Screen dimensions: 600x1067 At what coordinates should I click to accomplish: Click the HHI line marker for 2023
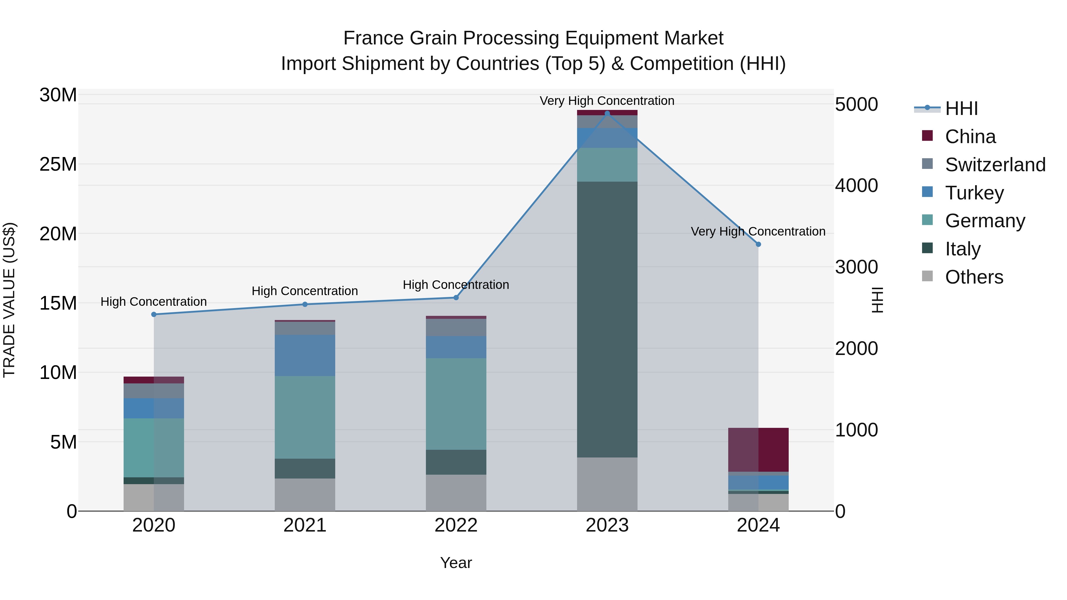click(x=607, y=113)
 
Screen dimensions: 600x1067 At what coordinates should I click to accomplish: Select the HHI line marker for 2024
click(x=758, y=244)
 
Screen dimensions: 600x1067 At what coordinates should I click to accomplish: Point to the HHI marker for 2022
click(x=456, y=297)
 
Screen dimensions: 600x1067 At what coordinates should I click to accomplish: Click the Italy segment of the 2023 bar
click(x=607, y=319)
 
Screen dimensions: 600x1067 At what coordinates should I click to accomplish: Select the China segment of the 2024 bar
click(x=758, y=450)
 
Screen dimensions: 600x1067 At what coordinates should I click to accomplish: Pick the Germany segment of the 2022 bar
click(x=456, y=404)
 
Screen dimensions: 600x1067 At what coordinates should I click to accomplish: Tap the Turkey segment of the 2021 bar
click(x=305, y=355)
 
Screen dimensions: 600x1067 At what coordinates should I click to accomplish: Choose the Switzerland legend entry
click(x=995, y=165)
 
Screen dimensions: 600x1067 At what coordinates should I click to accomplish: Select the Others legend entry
click(x=974, y=277)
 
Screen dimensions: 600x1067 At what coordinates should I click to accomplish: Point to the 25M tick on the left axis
click(x=58, y=164)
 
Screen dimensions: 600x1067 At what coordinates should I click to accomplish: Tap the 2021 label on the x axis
click(x=305, y=525)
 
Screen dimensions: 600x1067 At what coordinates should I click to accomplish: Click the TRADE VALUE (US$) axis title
click(x=9, y=300)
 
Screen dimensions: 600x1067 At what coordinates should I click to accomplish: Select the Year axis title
click(x=456, y=563)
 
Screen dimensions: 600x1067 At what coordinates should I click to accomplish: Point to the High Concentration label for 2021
click(x=305, y=291)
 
